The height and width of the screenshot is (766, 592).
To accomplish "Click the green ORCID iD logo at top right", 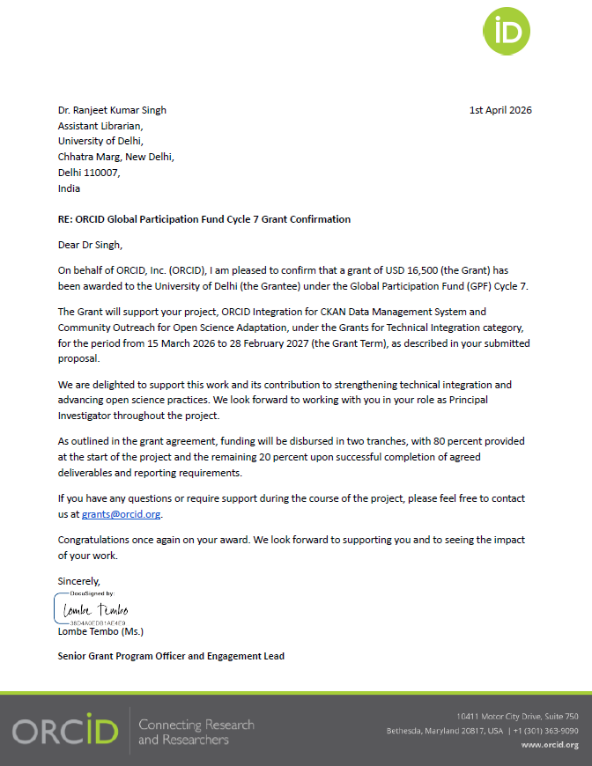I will pos(507,33).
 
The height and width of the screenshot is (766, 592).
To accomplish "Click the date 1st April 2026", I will pos(500,110).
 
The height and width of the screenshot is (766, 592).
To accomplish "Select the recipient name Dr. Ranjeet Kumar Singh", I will pos(112,110).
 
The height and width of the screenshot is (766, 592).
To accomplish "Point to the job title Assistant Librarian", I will pos(93,126).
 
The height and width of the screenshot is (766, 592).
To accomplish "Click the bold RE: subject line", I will pos(203,219).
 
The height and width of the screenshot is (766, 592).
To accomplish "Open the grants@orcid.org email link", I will pos(122,514).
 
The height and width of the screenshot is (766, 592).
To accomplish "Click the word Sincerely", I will pos(79,581).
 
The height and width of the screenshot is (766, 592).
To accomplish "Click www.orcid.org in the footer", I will pos(550,745).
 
